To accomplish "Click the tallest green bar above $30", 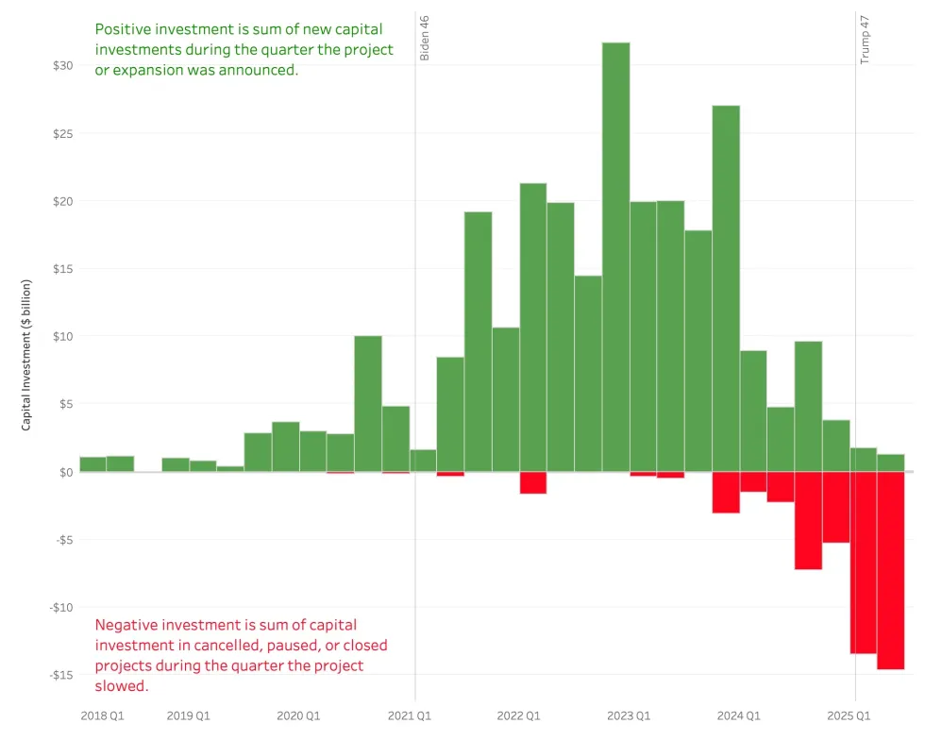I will pos(615,255).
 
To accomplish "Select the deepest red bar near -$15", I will pos(890,570).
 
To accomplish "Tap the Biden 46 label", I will pos(425,38).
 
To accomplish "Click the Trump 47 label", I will pos(865,39).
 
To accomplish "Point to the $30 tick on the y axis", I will pos(62,66).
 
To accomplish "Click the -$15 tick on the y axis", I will pos(61,675).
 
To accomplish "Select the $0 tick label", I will pos(66,472).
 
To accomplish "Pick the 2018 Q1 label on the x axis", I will pos(102,716).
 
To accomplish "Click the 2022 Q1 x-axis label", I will pos(518,716).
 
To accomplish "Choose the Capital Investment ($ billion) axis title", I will pos(26,355).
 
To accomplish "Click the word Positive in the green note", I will pos(124,29).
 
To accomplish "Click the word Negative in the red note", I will pos(128,625).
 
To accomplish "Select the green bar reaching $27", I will pos(725,288).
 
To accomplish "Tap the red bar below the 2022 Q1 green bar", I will pos(533,482).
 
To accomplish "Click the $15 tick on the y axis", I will pos(62,269).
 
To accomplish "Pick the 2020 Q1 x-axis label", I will pos(298,716).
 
